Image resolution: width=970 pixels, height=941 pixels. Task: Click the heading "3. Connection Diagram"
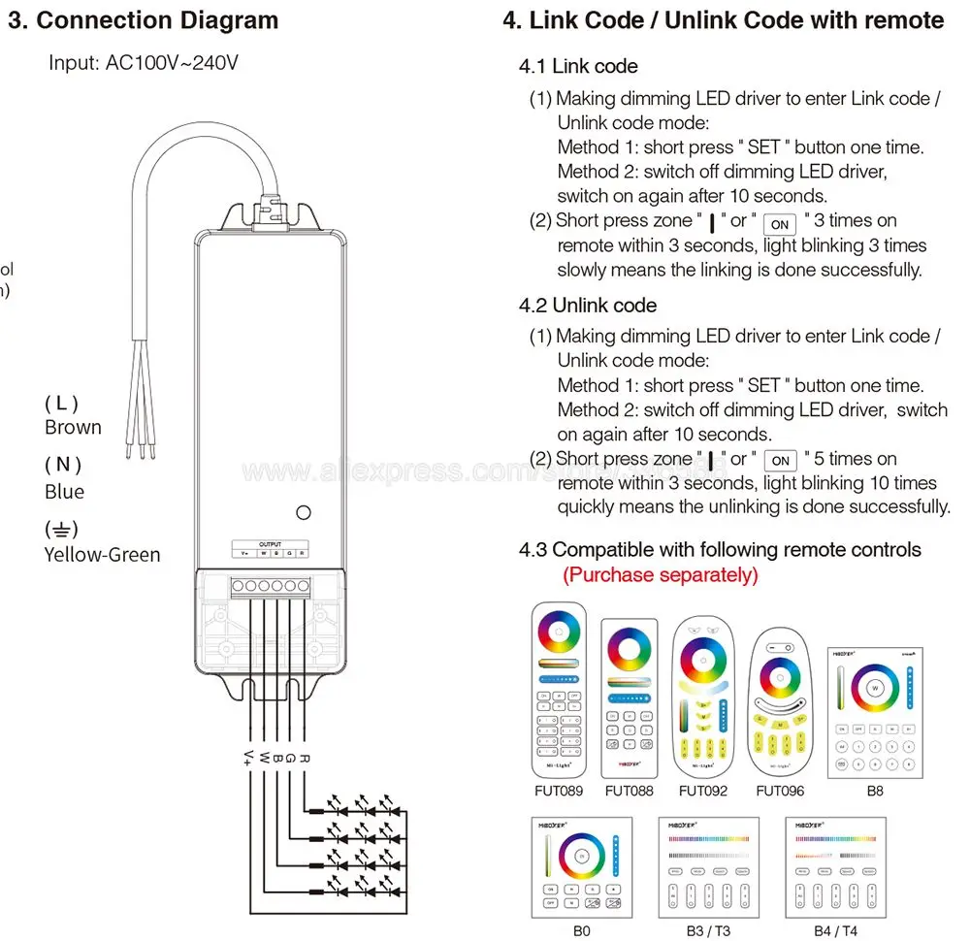(144, 20)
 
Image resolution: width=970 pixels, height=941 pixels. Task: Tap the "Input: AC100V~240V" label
(144, 63)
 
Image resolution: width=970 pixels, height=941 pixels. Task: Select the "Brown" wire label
(73, 427)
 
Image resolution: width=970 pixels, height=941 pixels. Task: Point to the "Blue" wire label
(64, 492)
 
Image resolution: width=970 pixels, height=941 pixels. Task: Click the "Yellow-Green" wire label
(102, 555)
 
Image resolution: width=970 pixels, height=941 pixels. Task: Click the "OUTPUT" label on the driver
(270, 544)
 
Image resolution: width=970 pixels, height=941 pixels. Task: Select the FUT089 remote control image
(559, 689)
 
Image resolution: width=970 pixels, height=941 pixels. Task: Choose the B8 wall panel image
(874, 711)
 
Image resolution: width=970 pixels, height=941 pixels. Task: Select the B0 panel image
(581, 866)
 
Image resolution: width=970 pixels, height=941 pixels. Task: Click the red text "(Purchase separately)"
(661, 574)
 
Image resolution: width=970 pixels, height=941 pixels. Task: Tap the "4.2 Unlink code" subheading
(588, 306)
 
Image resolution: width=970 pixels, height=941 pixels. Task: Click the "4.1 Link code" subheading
(578, 66)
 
